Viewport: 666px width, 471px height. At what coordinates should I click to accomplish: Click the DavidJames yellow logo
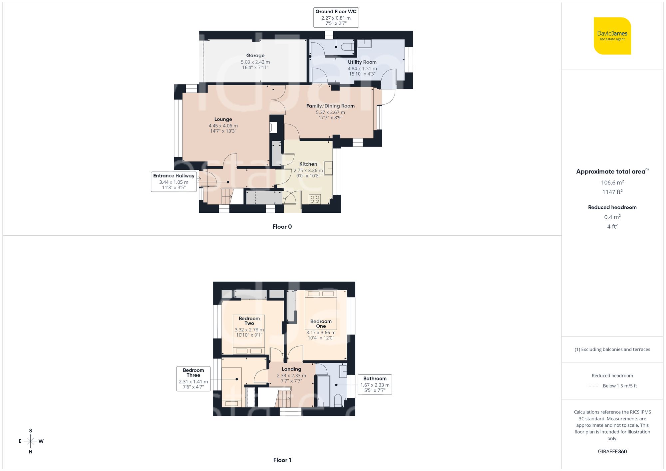coord(612,36)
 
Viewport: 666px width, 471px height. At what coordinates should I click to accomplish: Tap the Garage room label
coord(255,56)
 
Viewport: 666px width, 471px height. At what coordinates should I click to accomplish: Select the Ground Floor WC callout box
coord(336,17)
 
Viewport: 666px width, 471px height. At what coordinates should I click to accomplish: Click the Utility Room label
coord(362,62)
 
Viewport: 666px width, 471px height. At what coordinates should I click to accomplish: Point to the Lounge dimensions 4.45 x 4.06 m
coord(223,126)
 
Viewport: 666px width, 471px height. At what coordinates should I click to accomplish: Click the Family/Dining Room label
coord(330,106)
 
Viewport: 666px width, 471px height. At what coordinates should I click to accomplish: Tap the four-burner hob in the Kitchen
coord(315,199)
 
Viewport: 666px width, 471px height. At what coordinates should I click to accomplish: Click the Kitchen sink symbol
coord(328,168)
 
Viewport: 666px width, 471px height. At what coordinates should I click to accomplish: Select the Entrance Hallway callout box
coord(173,181)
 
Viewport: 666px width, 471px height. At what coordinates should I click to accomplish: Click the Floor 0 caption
coord(282,227)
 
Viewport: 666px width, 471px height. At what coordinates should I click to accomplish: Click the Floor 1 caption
coord(282,460)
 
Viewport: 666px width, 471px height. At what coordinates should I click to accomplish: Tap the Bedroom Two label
coord(249,321)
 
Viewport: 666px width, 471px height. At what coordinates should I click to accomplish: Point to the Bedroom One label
coord(321,324)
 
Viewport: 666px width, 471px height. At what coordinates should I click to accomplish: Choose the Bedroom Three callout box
coord(193,378)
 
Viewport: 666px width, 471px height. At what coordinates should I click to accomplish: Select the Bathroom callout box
coord(375,384)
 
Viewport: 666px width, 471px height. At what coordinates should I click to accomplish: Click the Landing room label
coord(291,369)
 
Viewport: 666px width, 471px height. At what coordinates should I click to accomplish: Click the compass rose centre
coord(31,441)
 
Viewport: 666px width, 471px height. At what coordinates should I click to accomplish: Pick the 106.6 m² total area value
coord(612,182)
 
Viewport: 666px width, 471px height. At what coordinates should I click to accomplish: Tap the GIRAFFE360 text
coord(612,452)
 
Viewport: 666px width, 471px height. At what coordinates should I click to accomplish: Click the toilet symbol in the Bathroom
coord(338,400)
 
